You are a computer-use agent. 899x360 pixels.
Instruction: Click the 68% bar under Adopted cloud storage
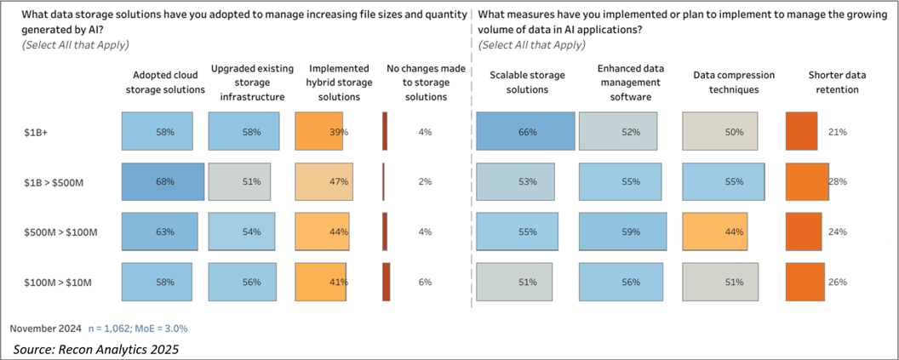tap(163, 181)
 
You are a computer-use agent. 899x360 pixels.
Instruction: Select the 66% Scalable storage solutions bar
tap(525, 132)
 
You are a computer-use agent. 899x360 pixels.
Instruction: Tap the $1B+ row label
tap(37, 133)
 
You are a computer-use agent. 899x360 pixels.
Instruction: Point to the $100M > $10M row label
tap(57, 282)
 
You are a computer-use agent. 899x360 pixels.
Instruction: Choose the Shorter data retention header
tap(838, 82)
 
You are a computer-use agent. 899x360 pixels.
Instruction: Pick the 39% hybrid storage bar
tap(319, 132)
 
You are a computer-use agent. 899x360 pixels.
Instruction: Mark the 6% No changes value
tap(426, 282)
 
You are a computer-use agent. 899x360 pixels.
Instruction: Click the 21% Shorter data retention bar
tap(800, 132)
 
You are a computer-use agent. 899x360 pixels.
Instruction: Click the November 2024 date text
tap(46, 328)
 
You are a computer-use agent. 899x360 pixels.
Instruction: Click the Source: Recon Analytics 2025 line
tap(97, 348)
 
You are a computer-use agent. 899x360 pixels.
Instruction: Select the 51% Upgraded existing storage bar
tap(239, 181)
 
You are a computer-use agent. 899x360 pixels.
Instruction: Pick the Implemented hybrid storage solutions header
tap(338, 82)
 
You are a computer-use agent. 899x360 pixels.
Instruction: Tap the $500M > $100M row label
tap(60, 231)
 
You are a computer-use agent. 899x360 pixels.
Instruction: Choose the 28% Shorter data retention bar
tap(805, 181)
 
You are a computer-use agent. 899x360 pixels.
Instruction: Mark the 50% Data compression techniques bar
tap(724, 132)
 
